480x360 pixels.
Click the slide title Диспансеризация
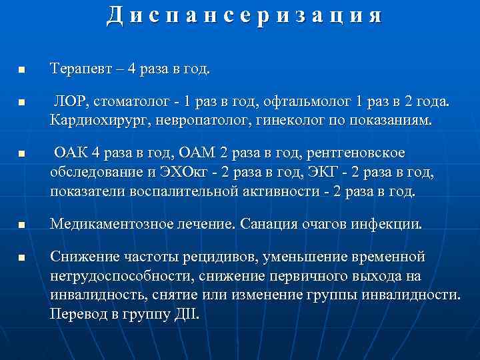click(244, 15)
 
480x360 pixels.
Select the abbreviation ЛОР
click(71, 103)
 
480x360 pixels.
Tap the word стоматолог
click(133, 103)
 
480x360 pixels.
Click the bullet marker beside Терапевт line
click(21, 69)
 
